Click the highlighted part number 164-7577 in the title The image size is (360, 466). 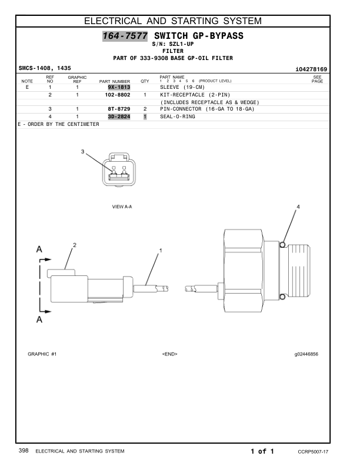pos(125,36)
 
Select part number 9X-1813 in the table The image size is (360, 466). pos(119,87)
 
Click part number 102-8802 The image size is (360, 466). pos(118,95)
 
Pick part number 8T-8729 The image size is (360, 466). pos(119,109)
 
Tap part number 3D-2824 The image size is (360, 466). pos(119,116)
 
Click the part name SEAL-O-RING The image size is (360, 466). pos(178,116)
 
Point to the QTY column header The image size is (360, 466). pos(145,81)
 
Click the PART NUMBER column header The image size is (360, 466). pos(115,81)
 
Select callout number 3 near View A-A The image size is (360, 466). pos(82,152)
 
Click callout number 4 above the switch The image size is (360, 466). pos(298,207)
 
